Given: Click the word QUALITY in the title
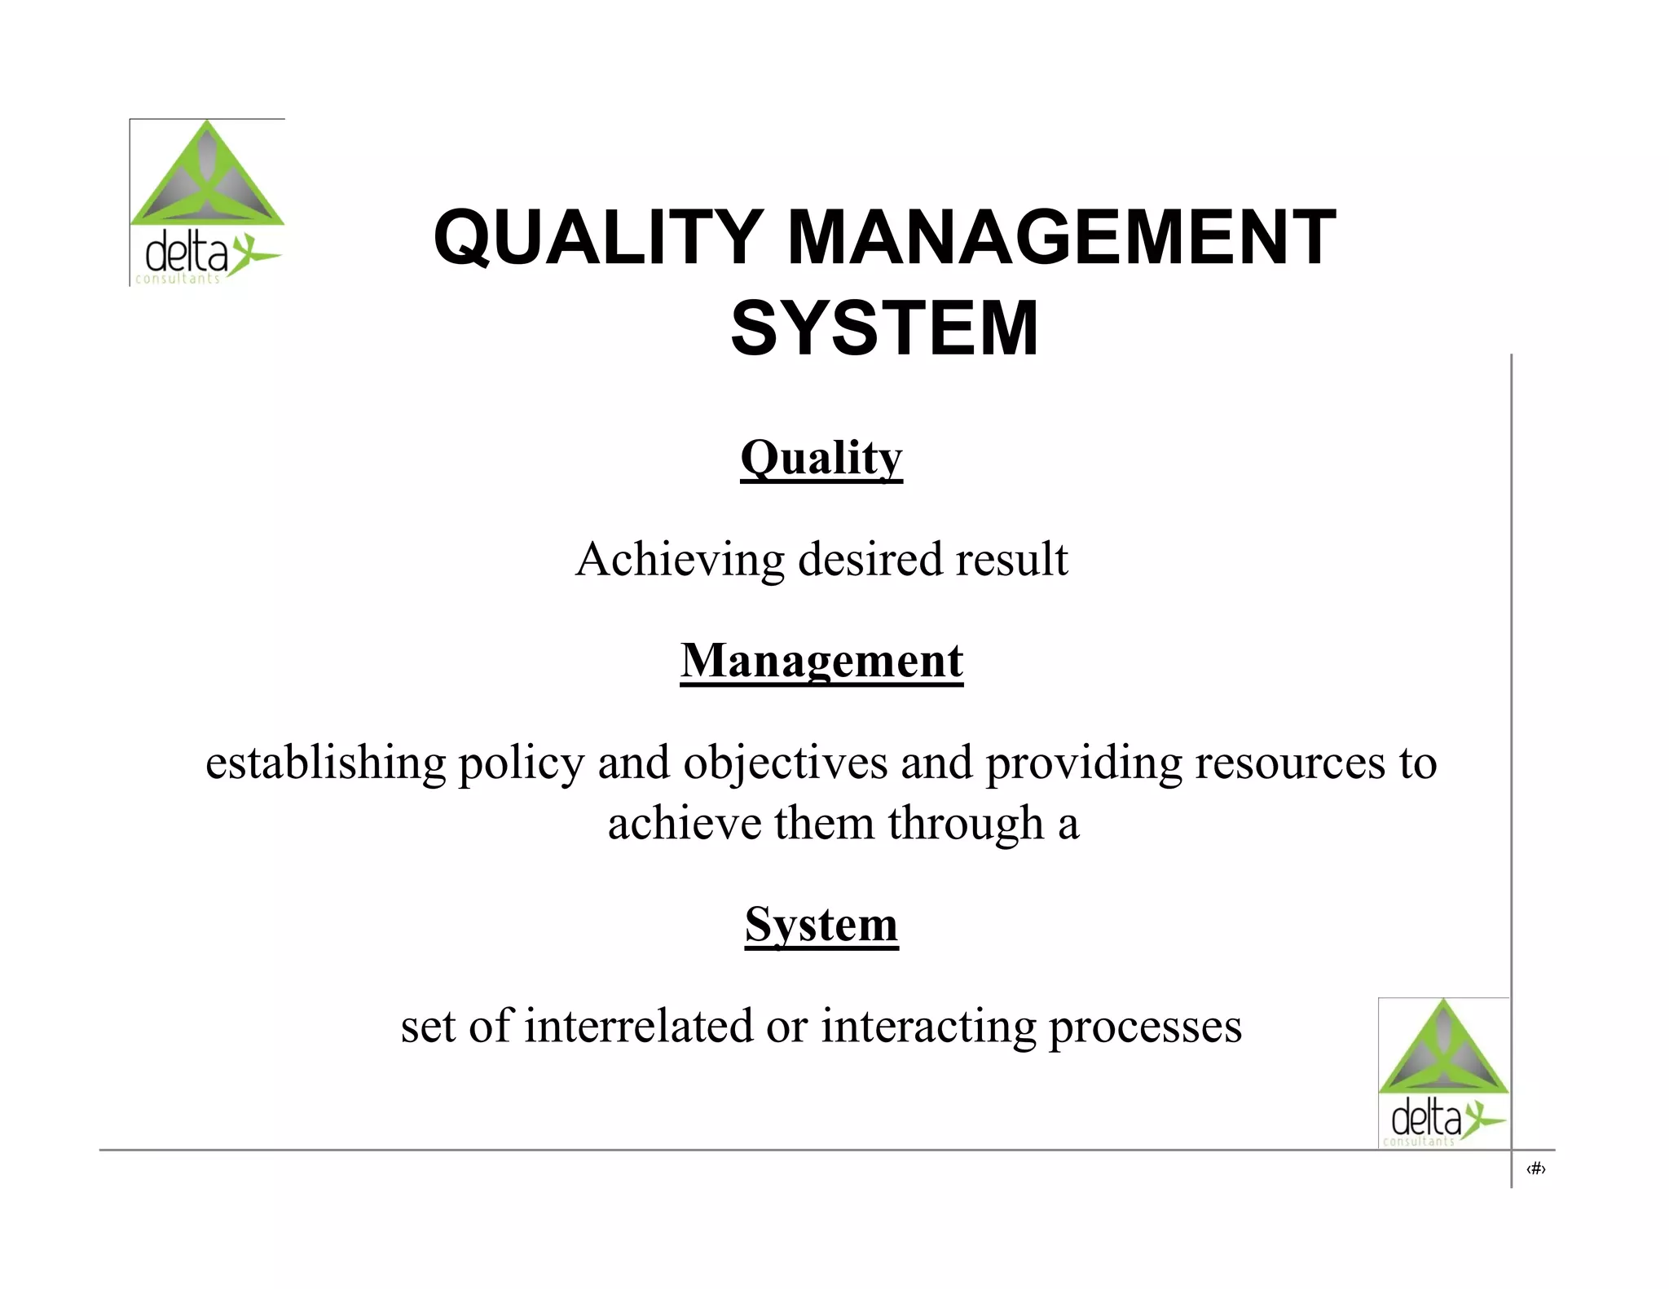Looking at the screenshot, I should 598,238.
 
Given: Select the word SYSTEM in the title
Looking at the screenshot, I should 884,328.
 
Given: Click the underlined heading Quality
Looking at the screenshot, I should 821,458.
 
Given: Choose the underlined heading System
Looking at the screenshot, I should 821,925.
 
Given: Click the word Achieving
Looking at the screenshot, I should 680,561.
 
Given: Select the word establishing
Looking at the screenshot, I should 325,763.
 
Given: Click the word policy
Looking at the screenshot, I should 522,763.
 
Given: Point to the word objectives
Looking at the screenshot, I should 786,763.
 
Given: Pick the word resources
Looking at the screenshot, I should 1290,763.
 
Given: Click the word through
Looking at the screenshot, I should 966,824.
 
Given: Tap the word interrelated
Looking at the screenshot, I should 638,1026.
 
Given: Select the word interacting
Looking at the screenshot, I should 928,1026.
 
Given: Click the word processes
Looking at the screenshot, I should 1145,1026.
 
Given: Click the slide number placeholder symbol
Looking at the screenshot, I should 1535,1170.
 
